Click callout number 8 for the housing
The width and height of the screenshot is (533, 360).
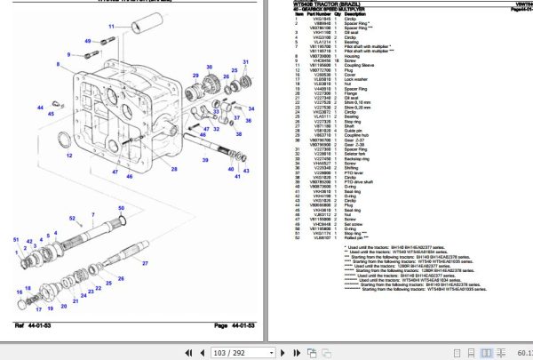pos(61,54)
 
